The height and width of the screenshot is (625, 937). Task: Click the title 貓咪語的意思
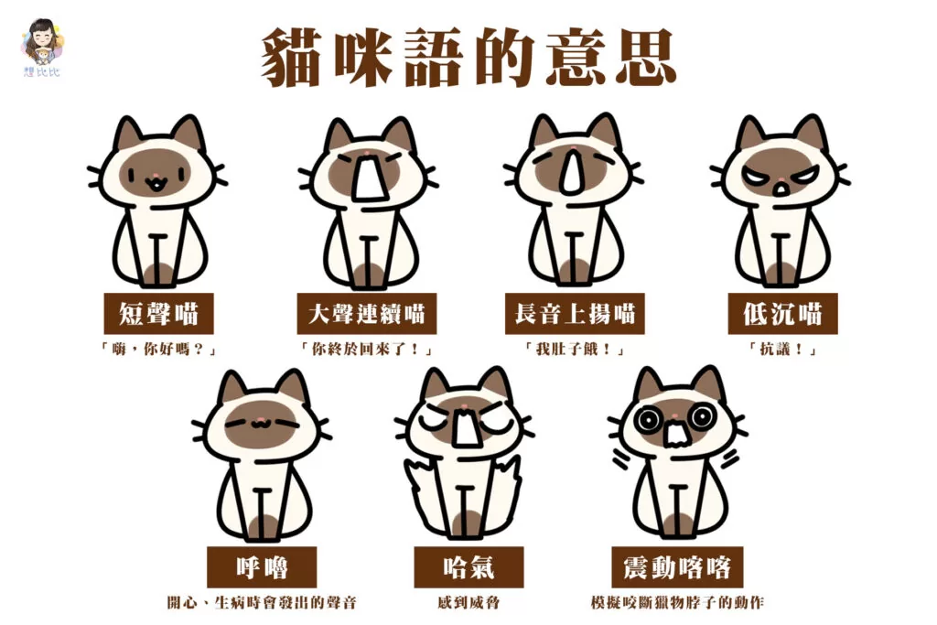469,58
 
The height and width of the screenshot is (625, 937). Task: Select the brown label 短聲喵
158,313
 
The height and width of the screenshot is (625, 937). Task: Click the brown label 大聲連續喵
366,313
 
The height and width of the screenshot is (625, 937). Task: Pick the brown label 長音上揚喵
575,313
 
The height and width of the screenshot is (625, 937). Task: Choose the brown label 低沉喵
782,313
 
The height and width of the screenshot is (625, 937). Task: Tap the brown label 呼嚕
262,567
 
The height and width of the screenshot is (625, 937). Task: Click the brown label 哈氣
468,567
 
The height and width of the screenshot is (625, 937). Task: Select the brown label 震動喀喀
677,567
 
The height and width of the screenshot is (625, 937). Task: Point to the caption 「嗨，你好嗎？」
158,349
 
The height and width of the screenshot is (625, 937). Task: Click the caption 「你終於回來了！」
366,349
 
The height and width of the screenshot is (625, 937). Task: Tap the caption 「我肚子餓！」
575,349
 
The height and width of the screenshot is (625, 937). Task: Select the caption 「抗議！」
782,349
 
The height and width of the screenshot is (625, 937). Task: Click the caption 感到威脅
468,602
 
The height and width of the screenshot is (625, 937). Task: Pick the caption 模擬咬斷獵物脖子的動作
677,602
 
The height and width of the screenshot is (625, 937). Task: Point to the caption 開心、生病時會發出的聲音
262,602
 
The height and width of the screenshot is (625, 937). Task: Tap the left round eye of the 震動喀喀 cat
648,419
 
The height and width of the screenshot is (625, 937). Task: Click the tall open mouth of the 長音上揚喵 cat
573,171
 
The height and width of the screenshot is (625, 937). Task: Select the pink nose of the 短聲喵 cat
155,176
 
